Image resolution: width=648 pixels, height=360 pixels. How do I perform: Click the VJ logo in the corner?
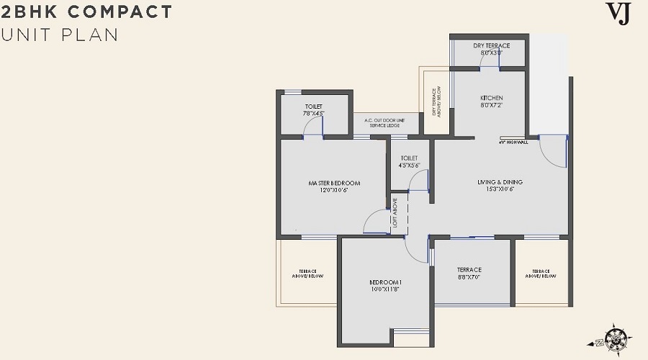point(617,14)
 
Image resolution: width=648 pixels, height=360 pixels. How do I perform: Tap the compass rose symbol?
point(617,336)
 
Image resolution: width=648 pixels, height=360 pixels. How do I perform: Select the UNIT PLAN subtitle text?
point(60,35)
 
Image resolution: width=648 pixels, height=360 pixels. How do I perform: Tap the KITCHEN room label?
point(491,98)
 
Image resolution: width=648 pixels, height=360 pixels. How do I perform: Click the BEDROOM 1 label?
point(385,282)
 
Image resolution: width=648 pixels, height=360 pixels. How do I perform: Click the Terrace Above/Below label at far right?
point(541,274)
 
